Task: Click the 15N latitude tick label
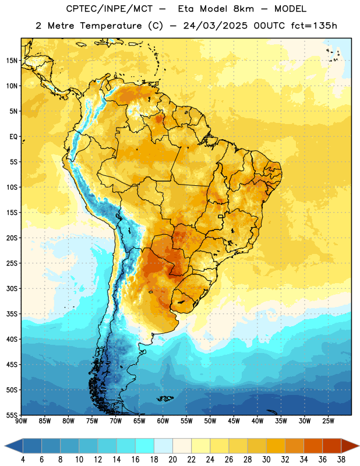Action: pyautogui.click(x=12, y=61)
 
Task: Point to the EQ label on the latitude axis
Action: pyautogui.click(x=13, y=137)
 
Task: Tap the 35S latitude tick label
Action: pyautogui.click(x=12, y=314)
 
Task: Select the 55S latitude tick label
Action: pyautogui.click(x=12, y=415)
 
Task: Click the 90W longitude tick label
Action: pyautogui.click(x=21, y=421)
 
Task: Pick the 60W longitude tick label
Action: pyautogui.click(x=163, y=421)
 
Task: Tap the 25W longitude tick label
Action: pyautogui.click(x=328, y=421)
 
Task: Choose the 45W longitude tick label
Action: pyautogui.click(x=234, y=421)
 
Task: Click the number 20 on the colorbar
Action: pyautogui.click(x=172, y=460)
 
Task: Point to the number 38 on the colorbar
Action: pyautogui.click(x=341, y=460)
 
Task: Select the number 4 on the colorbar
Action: pyautogui.click(x=23, y=460)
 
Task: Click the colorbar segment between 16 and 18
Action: pyautogui.click(x=145, y=446)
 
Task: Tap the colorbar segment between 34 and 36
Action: pyautogui.click(x=313, y=446)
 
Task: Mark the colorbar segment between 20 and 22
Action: pyautogui.click(x=182, y=446)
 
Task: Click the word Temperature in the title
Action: pyautogui.click(x=111, y=26)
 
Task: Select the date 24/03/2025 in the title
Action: pyautogui.click(x=215, y=26)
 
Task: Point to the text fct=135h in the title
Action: pyautogui.click(x=314, y=26)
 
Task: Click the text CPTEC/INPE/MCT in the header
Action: pyautogui.click(x=110, y=9)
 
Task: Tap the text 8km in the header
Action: pyautogui.click(x=243, y=9)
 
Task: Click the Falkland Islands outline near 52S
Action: pyautogui.click(x=165, y=398)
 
